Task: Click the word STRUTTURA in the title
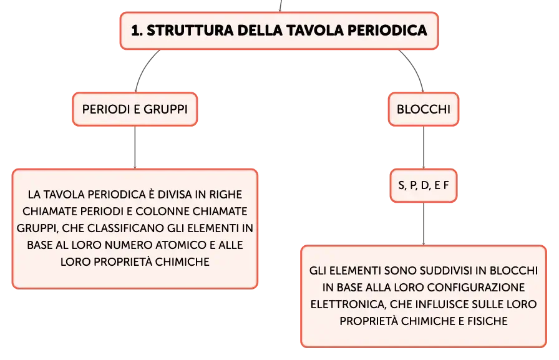190,31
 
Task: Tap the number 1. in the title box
137,31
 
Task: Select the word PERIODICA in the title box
387,31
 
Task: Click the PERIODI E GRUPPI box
135,109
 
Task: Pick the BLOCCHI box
424,109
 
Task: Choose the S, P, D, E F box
424,185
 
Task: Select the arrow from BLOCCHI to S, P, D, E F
424,147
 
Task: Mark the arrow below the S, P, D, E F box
424,224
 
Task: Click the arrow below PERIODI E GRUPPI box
135,147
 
